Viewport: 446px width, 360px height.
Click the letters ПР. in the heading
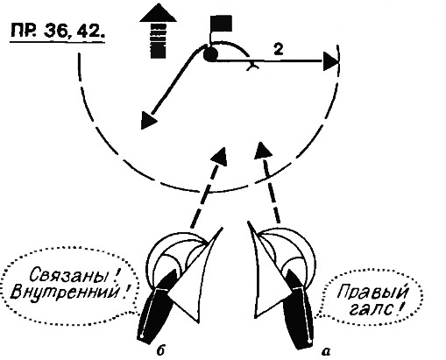24,31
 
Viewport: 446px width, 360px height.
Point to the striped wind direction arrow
158,32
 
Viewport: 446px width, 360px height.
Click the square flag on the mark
222,23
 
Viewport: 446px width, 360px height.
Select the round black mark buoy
210,54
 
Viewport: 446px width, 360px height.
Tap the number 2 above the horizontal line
279,49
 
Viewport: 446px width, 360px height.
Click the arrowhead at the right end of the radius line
331,61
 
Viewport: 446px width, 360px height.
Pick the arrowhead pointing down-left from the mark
147,120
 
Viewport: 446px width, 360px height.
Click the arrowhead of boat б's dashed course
220,156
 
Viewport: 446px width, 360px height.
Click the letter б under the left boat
160,350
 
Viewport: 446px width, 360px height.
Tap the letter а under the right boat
326,351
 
